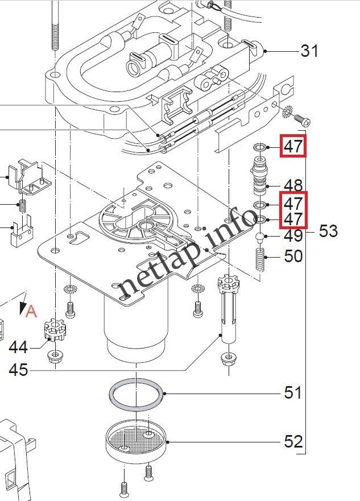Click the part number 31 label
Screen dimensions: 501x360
(309, 51)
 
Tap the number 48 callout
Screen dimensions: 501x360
(293, 185)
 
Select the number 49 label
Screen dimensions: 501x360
(293, 236)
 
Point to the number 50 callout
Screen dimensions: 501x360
(293, 256)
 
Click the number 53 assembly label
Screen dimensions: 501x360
(328, 231)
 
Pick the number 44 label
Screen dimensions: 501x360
(19, 346)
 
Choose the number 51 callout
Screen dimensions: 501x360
(293, 393)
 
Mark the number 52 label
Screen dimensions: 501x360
(293, 442)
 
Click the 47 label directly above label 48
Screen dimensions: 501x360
(293, 147)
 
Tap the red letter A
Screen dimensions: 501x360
(32, 311)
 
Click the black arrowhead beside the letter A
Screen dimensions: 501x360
(23, 308)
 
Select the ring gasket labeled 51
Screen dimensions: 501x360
(135, 395)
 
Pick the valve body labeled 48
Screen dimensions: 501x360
(259, 178)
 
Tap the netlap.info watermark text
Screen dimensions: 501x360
(188, 256)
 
